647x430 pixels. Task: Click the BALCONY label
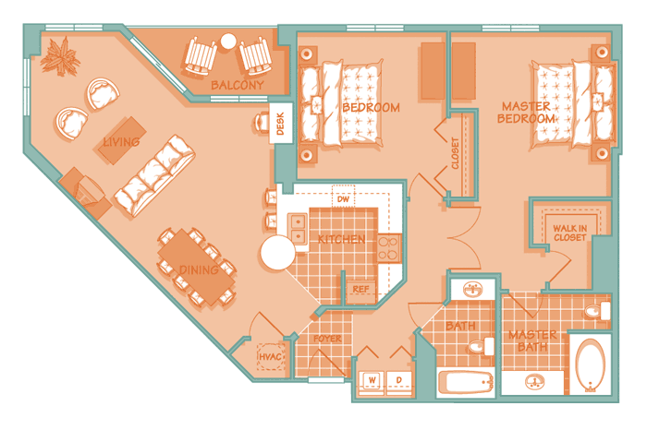[238, 85]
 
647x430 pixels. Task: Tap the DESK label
[281, 124]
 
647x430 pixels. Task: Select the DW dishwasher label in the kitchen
[343, 199]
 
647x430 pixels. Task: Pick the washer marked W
[372, 383]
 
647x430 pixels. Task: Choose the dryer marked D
[399, 383]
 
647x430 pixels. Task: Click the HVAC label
[270, 357]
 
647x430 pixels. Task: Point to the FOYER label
[327, 339]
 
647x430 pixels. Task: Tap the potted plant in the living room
[60, 57]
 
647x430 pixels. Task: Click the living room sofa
[154, 175]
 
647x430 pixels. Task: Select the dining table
[197, 267]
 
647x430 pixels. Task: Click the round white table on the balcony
[228, 42]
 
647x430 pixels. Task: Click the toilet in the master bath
[597, 311]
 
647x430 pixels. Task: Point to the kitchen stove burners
[388, 248]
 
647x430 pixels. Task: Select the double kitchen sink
[298, 230]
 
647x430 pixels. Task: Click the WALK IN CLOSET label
[570, 233]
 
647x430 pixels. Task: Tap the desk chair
[262, 123]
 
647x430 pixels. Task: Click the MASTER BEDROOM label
[526, 113]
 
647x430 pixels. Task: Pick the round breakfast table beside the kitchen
[277, 253]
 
